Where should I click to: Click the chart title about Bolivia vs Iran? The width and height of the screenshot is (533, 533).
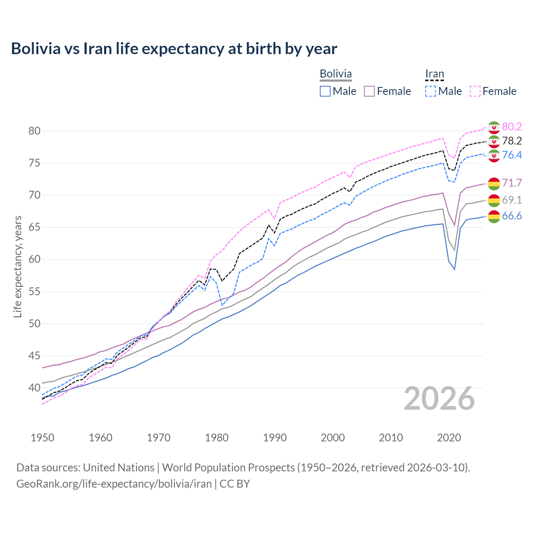pyautogui.click(x=174, y=49)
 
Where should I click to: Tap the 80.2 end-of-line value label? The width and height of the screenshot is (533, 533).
pyautogui.click(x=512, y=127)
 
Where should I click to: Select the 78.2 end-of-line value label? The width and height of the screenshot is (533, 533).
pyautogui.click(x=512, y=141)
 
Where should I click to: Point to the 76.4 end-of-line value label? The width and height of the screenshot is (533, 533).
pyautogui.click(x=512, y=155)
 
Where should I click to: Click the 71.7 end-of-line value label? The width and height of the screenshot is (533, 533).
pyautogui.click(x=512, y=183)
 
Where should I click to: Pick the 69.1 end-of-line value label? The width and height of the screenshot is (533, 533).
pyautogui.click(x=512, y=200)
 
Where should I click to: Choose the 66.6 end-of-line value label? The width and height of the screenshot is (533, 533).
pyautogui.click(x=512, y=216)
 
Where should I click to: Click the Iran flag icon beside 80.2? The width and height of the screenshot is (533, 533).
pyautogui.click(x=494, y=127)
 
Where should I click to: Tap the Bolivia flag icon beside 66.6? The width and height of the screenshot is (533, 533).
pyautogui.click(x=494, y=217)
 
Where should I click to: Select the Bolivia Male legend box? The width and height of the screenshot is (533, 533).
pyautogui.click(x=325, y=91)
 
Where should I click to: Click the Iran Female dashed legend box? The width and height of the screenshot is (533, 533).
pyautogui.click(x=475, y=91)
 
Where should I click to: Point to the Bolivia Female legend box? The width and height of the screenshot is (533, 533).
pyautogui.click(x=370, y=91)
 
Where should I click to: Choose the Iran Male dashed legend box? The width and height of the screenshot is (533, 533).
pyautogui.click(x=431, y=91)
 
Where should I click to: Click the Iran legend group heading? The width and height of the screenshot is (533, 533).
pyautogui.click(x=434, y=74)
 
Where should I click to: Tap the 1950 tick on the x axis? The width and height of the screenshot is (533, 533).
pyautogui.click(x=42, y=438)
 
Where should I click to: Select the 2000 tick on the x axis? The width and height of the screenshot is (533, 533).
pyautogui.click(x=333, y=438)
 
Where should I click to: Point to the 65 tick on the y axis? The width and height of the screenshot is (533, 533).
pyautogui.click(x=34, y=227)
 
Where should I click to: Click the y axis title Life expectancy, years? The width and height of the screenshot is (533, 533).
pyautogui.click(x=17, y=266)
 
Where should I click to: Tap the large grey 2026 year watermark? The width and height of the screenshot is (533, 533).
pyautogui.click(x=439, y=399)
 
